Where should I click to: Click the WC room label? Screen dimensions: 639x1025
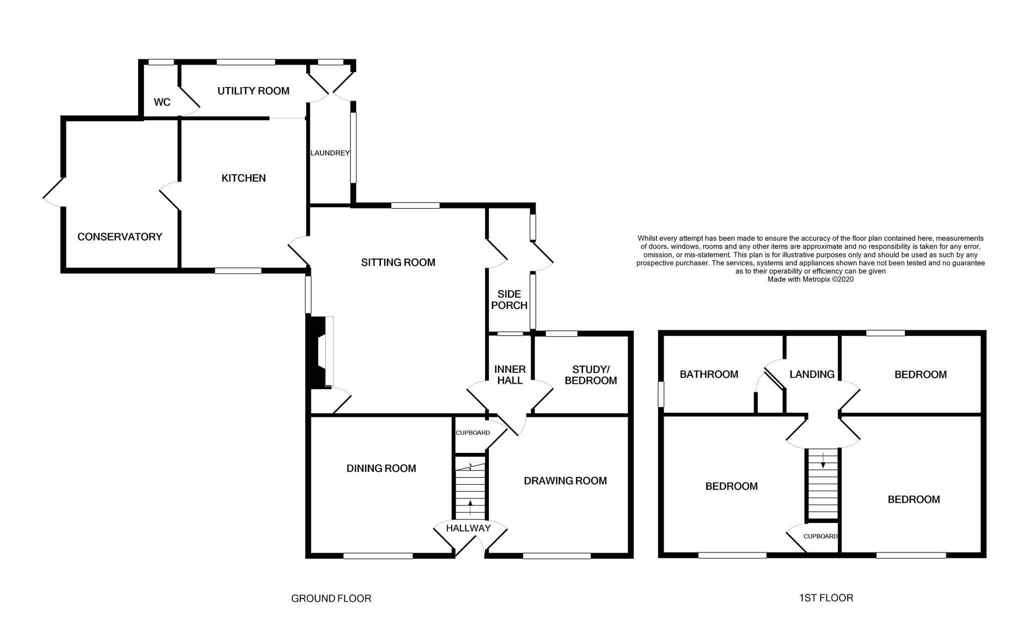[162, 102]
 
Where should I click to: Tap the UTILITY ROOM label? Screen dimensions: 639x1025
[253, 91]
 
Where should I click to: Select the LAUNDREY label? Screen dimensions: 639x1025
[330, 153]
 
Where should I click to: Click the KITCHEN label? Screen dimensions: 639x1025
[243, 178]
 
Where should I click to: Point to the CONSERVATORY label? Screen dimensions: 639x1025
[120, 237]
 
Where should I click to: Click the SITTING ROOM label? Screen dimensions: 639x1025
[398, 262]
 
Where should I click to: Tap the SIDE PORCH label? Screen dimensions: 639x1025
[509, 299]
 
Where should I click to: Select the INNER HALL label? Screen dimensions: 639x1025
[509, 375]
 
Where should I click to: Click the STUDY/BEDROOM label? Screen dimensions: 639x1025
[591, 375]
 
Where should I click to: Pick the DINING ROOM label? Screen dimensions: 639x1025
[381, 468]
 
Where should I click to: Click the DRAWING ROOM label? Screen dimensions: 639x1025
[565, 481]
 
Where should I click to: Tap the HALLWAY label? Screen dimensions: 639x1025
[468, 528]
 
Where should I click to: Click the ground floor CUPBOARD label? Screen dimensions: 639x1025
[472, 433]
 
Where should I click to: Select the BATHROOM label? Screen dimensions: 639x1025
[709, 374]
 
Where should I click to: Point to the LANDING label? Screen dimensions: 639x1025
[812, 374]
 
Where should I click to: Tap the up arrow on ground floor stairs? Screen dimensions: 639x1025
[470, 506]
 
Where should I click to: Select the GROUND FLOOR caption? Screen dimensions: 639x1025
[331, 598]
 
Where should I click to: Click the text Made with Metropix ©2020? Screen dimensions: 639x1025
[810, 279]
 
